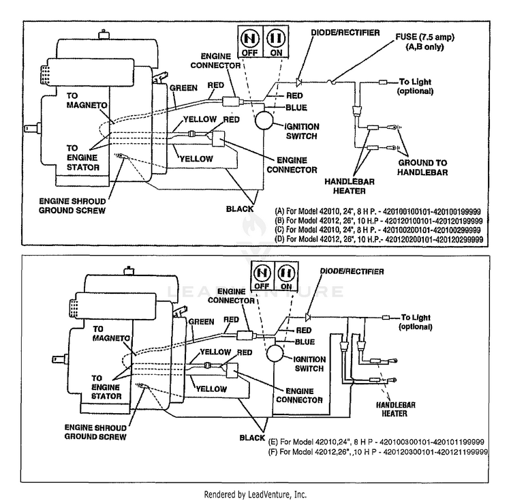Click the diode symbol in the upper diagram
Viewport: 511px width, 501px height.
point(298,82)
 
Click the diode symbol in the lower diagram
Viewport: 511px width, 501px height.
point(308,316)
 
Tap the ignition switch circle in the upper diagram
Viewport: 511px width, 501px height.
point(264,120)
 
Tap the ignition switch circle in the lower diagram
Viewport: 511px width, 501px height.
point(275,352)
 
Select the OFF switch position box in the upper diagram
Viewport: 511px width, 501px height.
point(250,42)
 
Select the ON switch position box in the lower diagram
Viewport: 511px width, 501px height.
point(286,276)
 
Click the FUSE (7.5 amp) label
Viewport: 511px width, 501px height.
point(424,42)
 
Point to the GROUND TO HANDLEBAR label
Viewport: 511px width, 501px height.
point(422,167)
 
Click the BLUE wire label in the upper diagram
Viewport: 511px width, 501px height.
point(296,108)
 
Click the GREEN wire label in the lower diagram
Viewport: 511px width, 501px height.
point(202,322)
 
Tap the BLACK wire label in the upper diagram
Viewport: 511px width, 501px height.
point(240,209)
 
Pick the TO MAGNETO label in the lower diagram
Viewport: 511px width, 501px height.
point(111,333)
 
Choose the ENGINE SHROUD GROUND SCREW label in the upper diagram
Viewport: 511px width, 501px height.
point(72,206)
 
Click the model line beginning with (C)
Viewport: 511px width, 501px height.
point(377,230)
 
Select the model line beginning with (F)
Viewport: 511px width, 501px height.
point(378,452)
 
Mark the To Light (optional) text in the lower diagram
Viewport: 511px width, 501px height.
point(416,322)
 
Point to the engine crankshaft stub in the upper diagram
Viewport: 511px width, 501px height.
point(32,128)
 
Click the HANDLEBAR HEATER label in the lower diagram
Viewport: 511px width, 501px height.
point(395,409)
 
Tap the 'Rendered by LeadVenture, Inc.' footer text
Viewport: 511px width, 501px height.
point(255,494)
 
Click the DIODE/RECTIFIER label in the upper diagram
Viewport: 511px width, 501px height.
point(345,33)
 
